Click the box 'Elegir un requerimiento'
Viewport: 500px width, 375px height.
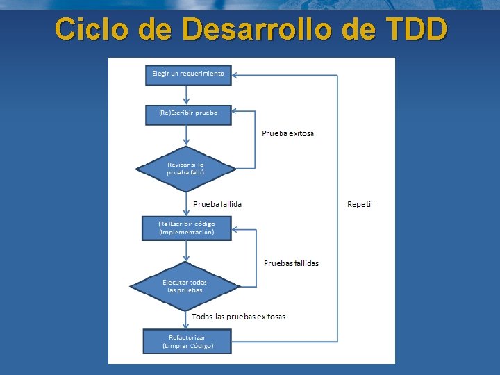[x=188, y=74]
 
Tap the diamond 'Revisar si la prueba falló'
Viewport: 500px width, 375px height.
[x=185, y=169]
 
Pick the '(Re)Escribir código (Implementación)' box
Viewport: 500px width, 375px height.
[x=187, y=228]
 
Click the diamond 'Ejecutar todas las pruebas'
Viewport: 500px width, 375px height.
[x=185, y=285]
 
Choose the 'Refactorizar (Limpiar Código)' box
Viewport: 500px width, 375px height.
[x=187, y=341]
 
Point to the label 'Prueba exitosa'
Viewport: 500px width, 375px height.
[x=287, y=133]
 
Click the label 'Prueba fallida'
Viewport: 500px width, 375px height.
[x=217, y=204]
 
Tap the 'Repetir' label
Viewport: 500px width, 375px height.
[x=360, y=204]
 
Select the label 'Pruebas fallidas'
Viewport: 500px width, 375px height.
[x=292, y=263]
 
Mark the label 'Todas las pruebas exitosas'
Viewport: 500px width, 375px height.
[x=238, y=317]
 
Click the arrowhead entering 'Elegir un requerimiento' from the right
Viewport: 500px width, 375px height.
[x=235, y=74]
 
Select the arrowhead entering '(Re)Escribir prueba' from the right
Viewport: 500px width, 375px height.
[x=235, y=110]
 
